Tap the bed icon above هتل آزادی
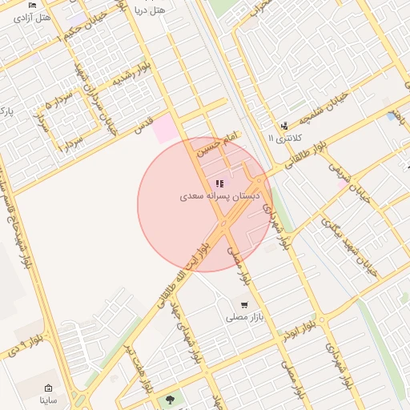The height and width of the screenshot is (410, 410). click(x=33, y=5)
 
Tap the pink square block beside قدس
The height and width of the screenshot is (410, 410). click(x=166, y=129)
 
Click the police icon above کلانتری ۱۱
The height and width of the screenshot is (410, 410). click(x=284, y=126)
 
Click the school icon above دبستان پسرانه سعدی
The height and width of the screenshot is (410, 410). click(x=219, y=183)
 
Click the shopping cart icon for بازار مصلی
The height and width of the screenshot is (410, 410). click(x=243, y=305)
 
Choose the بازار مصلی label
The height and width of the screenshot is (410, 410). click(x=243, y=318)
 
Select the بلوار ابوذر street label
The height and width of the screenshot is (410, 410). click(x=299, y=329)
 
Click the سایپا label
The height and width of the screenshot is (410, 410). click(x=48, y=399)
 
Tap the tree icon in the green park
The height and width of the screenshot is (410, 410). click(x=169, y=398)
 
